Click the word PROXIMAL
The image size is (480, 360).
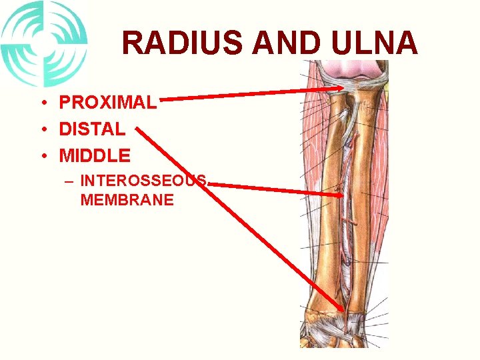[x=108, y=102]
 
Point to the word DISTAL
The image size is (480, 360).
[x=92, y=129]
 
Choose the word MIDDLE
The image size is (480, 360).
[x=95, y=156]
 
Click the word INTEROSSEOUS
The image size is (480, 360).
[x=144, y=181]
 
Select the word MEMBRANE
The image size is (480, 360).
[x=127, y=199]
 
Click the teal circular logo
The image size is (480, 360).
[x=43, y=43]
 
